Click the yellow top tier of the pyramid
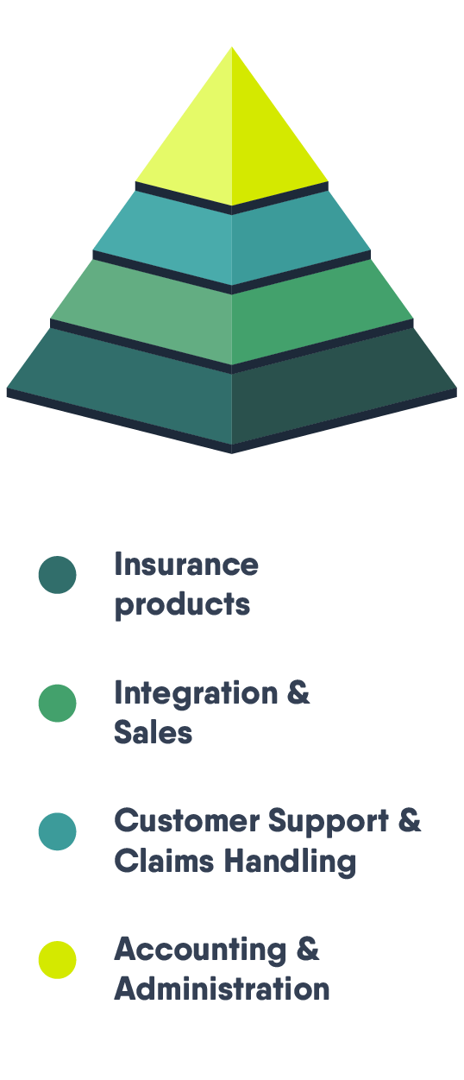pyautogui.click(x=232, y=130)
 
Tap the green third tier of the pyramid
pyautogui.click(x=232, y=313)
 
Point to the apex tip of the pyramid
pyautogui.click(x=232, y=47)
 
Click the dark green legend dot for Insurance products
pyautogui.click(x=57, y=575)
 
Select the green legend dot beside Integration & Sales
pyautogui.click(x=57, y=703)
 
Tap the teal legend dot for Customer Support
pyautogui.click(x=57, y=831)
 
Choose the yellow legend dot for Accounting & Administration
pyautogui.click(x=57, y=960)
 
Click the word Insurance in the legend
pyautogui.click(x=186, y=564)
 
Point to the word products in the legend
pyautogui.click(x=183, y=605)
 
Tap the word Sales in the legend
pyautogui.click(x=154, y=732)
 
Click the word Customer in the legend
pyautogui.click(x=187, y=820)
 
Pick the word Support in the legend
pyautogui.click(x=328, y=822)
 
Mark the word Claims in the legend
pyautogui.click(x=164, y=861)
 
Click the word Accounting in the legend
pyautogui.click(x=200, y=951)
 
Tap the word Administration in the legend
pyautogui.click(x=223, y=988)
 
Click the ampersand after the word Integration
pyautogui.click(x=298, y=693)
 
